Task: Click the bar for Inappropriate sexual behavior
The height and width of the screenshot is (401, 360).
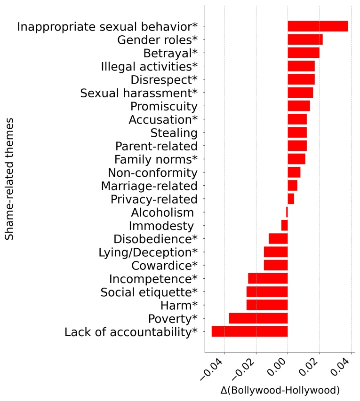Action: [x=318, y=26]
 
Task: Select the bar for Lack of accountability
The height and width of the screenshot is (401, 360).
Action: [x=249, y=332]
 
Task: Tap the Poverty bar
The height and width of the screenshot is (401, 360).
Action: [x=258, y=318]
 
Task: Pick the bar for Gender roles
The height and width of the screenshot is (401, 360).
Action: [x=305, y=39]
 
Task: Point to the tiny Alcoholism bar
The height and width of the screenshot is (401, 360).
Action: [x=287, y=212]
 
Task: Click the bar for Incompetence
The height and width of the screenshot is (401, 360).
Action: [x=268, y=278]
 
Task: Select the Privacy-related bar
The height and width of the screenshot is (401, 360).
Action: [x=291, y=199]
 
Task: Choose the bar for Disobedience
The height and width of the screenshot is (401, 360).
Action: [x=278, y=238]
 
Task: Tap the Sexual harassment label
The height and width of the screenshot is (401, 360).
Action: [x=139, y=93]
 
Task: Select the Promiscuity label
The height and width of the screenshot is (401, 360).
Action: [x=164, y=106]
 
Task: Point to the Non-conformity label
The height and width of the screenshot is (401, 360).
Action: [x=152, y=173]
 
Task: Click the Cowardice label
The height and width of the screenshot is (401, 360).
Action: [x=164, y=265]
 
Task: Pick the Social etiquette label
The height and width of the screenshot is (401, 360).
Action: [x=149, y=292]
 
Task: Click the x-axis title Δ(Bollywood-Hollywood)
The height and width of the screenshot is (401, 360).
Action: [x=280, y=390]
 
